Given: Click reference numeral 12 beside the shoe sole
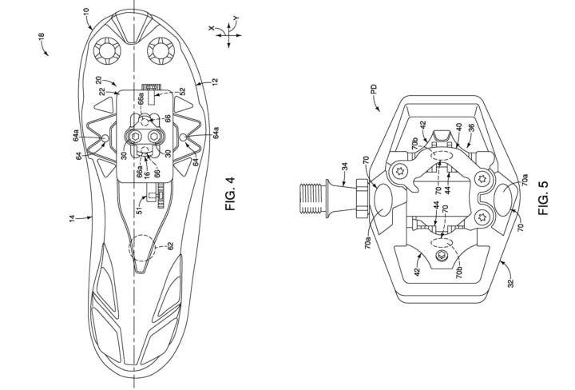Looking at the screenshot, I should [x=215, y=81].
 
